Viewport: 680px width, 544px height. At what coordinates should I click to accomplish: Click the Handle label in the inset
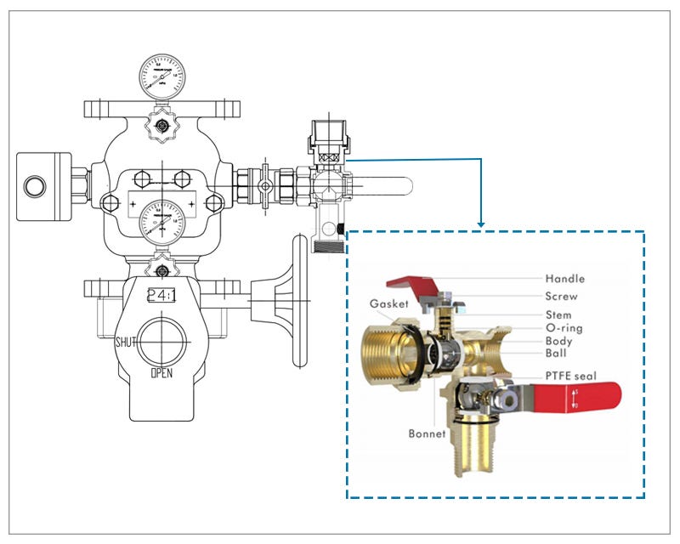tap(564, 278)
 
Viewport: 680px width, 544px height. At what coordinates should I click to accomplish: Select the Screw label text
tap(561, 297)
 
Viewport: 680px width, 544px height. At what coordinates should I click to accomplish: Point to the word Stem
tap(558, 314)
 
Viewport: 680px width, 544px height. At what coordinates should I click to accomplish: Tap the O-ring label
tap(564, 328)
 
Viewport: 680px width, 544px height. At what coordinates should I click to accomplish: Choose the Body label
tap(558, 341)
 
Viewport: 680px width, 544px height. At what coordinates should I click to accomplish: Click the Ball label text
tap(556, 354)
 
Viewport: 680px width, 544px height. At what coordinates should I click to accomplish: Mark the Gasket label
tap(389, 303)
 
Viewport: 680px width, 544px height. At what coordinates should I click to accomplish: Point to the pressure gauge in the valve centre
tap(161, 221)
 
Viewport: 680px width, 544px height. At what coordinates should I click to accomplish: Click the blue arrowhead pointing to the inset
tap(482, 224)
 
